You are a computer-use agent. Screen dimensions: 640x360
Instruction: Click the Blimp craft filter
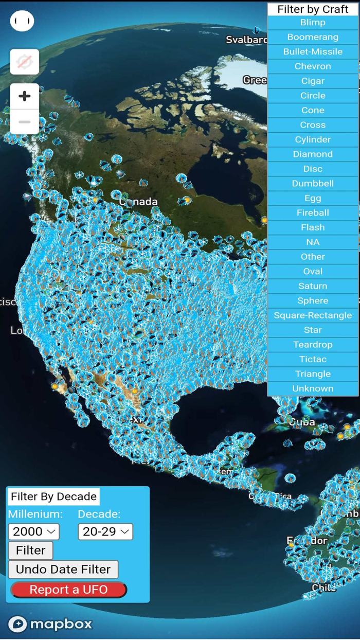coord(313,23)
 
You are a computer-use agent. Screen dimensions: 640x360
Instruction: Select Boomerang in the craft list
coord(313,37)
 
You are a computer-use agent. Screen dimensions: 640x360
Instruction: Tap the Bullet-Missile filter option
coord(313,51)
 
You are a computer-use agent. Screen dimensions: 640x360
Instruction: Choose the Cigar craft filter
coord(313,81)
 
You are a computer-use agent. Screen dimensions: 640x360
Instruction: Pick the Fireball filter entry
coord(313,212)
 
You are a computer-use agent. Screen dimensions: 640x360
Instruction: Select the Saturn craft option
coord(313,286)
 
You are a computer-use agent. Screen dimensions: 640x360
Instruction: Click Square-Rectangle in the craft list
coord(313,315)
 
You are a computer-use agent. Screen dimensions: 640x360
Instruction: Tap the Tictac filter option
coord(313,359)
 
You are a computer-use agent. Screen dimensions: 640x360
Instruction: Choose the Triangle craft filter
coord(313,374)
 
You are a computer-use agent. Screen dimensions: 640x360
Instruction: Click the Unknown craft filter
coord(313,388)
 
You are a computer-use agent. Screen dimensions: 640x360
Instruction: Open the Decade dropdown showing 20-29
coord(105,531)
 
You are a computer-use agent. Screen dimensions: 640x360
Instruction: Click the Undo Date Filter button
coord(63,570)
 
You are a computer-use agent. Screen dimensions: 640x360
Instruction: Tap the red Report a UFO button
coord(68,590)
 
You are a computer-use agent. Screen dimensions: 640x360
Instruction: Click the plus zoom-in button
coord(25,96)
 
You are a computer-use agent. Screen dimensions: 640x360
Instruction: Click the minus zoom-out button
coord(25,122)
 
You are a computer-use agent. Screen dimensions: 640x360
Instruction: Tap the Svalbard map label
coord(246,40)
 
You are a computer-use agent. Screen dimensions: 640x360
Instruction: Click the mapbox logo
coord(50,624)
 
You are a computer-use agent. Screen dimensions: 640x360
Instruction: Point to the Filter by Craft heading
coord(313,9)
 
